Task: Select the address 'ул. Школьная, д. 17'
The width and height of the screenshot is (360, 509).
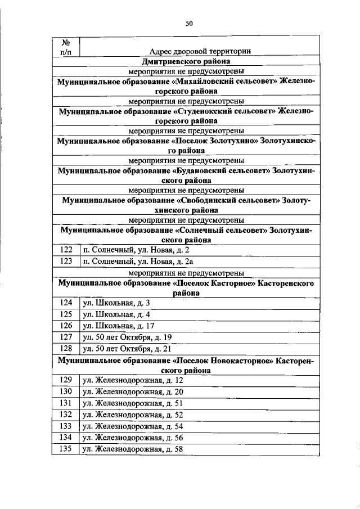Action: (118, 326)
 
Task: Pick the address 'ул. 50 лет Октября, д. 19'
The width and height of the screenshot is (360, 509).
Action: (127, 337)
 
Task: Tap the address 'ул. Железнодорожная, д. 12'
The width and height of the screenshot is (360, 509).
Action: (133, 381)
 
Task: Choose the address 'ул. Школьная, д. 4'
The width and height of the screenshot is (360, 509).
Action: (115, 314)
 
